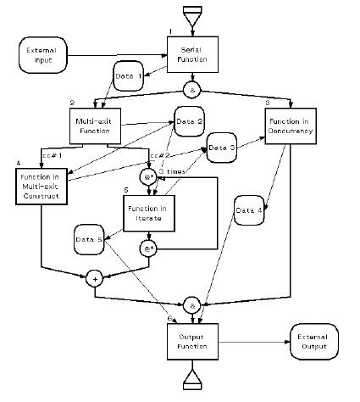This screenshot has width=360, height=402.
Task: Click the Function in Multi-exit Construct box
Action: pos(41,186)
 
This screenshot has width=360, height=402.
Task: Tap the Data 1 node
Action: pos(130,76)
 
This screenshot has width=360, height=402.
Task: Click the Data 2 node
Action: pos(190,121)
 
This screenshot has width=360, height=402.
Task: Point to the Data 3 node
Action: pos(222,148)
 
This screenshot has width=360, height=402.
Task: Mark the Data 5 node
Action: pos(89,241)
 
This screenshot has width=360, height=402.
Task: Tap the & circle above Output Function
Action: pos(191,303)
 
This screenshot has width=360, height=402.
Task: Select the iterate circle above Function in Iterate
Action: pos(150,177)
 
